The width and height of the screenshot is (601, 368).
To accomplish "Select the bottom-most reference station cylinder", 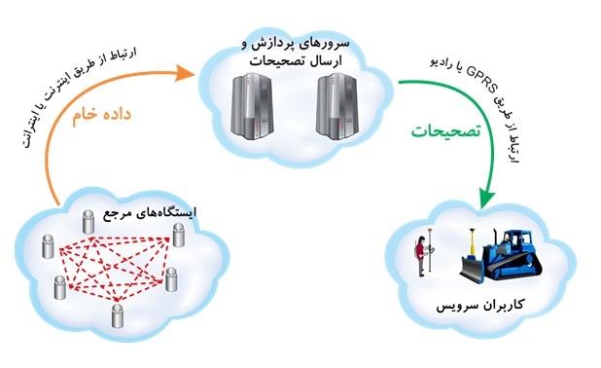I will point(118,314).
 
